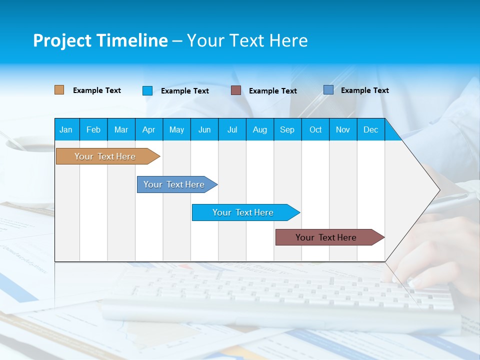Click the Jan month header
[x=66, y=129]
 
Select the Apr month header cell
[x=149, y=129]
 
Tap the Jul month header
[x=232, y=129]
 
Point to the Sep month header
[x=287, y=129]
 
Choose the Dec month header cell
[x=370, y=129]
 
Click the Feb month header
[x=93, y=129]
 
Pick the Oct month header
[x=315, y=129]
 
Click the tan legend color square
[x=59, y=90]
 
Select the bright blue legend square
[x=147, y=90]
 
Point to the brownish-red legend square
[x=236, y=90]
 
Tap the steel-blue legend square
[x=328, y=90]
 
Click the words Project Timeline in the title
[x=100, y=40]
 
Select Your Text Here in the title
[x=247, y=40]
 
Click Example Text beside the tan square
[x=97, y=90]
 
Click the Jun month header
[x=204, y=129]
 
